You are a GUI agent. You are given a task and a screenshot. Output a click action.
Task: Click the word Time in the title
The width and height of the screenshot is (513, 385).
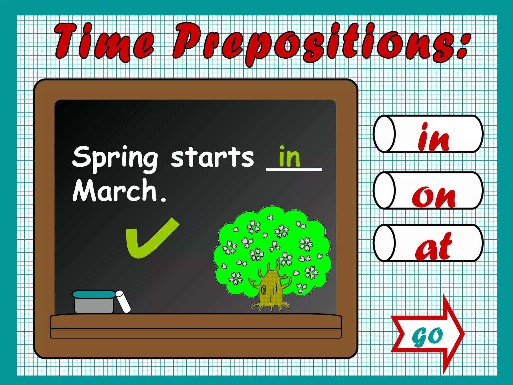[104, 41]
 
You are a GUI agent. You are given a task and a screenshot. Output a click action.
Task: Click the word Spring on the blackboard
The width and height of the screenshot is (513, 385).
[115, 158]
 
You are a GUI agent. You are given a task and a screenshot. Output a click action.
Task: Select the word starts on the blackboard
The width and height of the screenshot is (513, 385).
[212, 157]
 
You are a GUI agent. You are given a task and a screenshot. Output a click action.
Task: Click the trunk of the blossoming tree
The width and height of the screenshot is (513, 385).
[271, 288]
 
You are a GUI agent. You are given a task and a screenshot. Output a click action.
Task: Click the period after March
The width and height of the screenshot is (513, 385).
[163, 200]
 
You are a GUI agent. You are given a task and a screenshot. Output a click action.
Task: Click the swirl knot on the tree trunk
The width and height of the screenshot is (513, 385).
[263, 291]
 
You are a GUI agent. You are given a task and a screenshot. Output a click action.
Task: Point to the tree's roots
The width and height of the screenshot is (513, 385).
[271, 307]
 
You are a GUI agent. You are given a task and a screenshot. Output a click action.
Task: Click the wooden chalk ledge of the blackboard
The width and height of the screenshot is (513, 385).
[195, 326]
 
